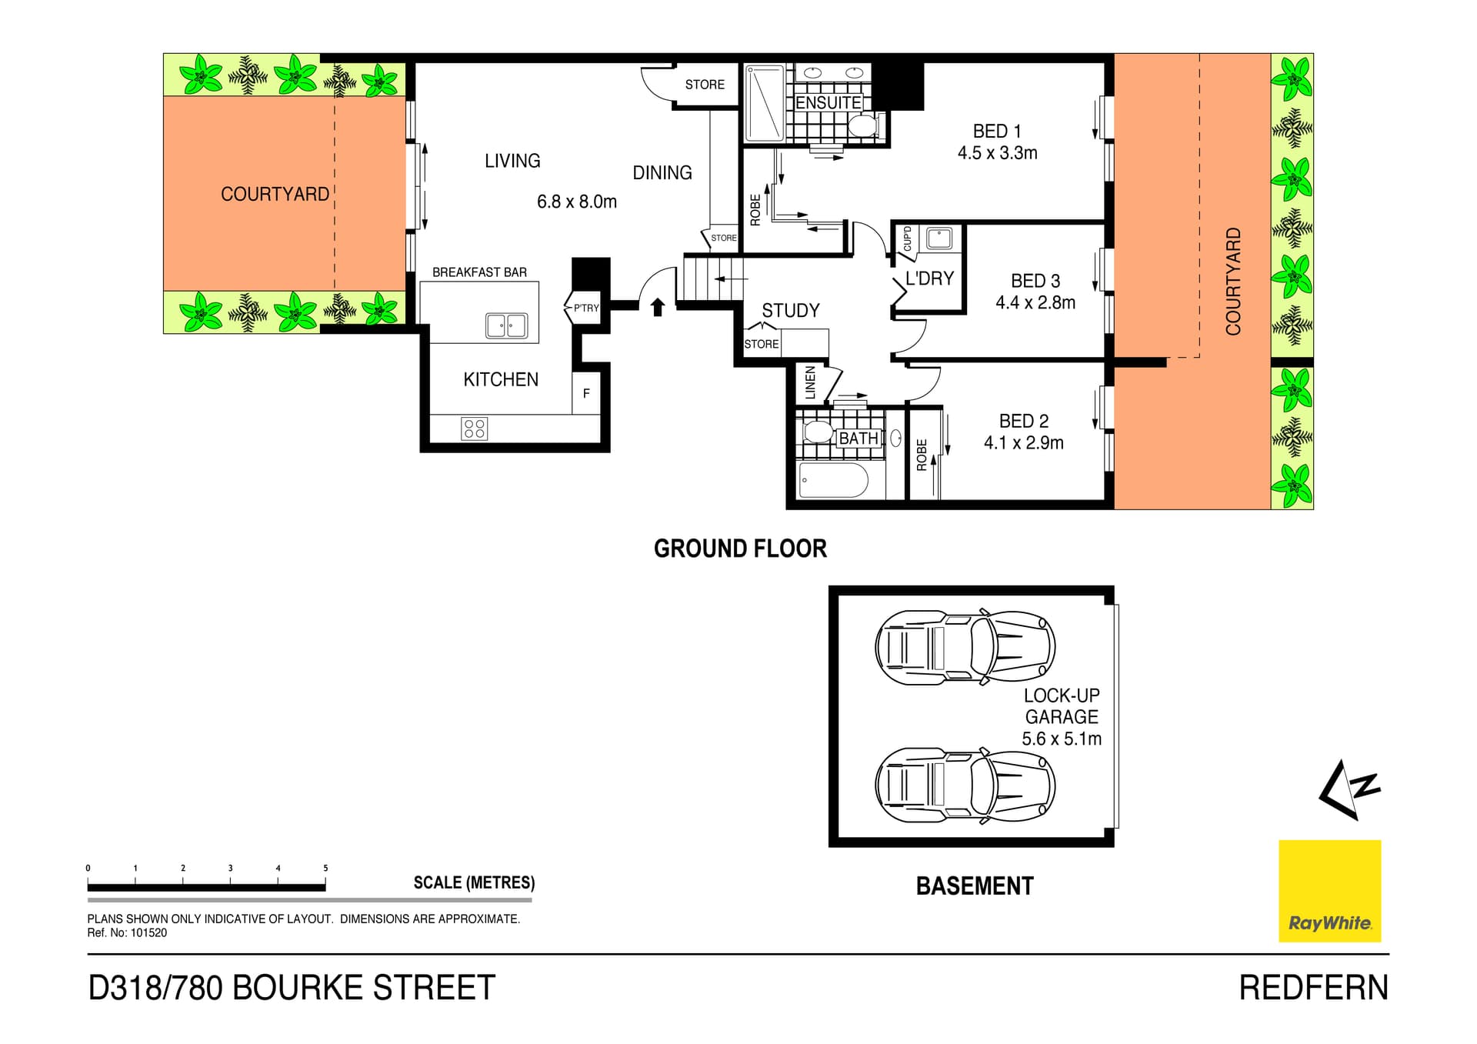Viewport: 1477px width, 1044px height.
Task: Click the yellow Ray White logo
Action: click(1329, 891)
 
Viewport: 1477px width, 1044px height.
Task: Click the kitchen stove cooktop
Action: click(474, 429)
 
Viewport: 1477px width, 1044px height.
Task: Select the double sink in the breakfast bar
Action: click(506, 325)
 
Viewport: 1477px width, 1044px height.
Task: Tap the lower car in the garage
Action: click(965, 786)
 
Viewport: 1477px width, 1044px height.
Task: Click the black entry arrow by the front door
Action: click(658, 308)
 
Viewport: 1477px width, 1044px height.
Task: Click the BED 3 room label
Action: click(1035, 282)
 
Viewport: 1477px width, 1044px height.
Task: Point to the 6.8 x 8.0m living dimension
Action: click(576, 202)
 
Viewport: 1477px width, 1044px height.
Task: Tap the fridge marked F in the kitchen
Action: click(586, 394)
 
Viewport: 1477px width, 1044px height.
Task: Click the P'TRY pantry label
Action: click(585, 309)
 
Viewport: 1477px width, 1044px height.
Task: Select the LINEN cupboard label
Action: click(810, 383)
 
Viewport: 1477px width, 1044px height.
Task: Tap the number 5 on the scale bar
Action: click(325, 868)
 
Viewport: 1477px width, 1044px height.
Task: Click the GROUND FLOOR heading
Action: click(740, 549)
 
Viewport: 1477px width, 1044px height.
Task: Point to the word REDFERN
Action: click(1313, 988)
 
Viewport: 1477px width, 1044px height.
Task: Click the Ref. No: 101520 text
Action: click(127, 933)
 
